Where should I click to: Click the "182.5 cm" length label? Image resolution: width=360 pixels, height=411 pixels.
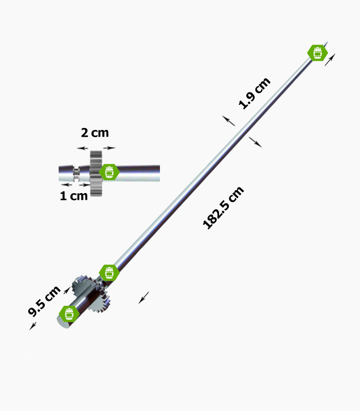pos(223,208)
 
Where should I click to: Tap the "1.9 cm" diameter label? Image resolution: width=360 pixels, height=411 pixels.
pos(254,94)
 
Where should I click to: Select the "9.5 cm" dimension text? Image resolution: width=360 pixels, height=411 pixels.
pos(44,301)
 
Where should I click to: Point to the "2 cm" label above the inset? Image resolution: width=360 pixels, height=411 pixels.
pos(95,133)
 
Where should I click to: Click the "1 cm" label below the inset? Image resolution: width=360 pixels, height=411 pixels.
pos(74,196)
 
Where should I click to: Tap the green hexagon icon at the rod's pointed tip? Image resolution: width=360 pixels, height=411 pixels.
pos(317,53)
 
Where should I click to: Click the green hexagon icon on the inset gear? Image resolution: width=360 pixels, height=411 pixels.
pos(110,172)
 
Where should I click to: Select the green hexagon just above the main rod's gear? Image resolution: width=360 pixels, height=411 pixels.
pos(110,273)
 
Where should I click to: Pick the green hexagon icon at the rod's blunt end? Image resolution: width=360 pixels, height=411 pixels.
pos(69,313)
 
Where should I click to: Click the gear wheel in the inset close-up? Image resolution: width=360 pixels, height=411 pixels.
pos(96,173)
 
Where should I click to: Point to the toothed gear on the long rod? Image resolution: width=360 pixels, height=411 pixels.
pos(91,293)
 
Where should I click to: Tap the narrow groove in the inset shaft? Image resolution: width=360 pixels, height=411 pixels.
pos(76,173)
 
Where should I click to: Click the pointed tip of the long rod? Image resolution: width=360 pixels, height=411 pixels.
pos(328,42)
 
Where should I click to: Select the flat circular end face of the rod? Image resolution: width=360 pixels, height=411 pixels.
pos(63,322)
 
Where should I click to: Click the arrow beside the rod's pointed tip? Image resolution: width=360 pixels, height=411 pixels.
pos(330,60)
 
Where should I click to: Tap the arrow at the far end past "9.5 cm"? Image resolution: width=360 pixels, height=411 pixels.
pos(33,326)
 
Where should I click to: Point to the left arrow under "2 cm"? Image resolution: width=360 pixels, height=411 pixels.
pos(83,148)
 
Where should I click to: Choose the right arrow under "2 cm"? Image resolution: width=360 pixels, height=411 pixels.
pos(109,148)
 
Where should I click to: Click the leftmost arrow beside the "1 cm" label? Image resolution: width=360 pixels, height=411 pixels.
pos(66,185)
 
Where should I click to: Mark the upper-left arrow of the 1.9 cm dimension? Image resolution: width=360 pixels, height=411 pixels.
pos(229,121)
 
